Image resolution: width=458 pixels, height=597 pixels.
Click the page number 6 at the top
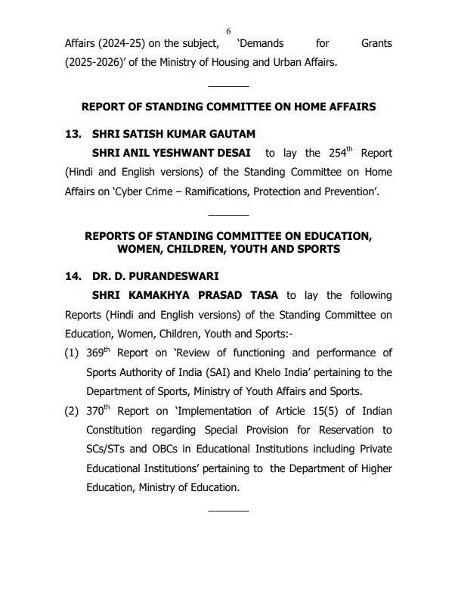[x=228, y=30]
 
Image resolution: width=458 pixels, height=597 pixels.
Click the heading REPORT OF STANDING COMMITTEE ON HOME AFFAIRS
[x=228, y=107]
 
